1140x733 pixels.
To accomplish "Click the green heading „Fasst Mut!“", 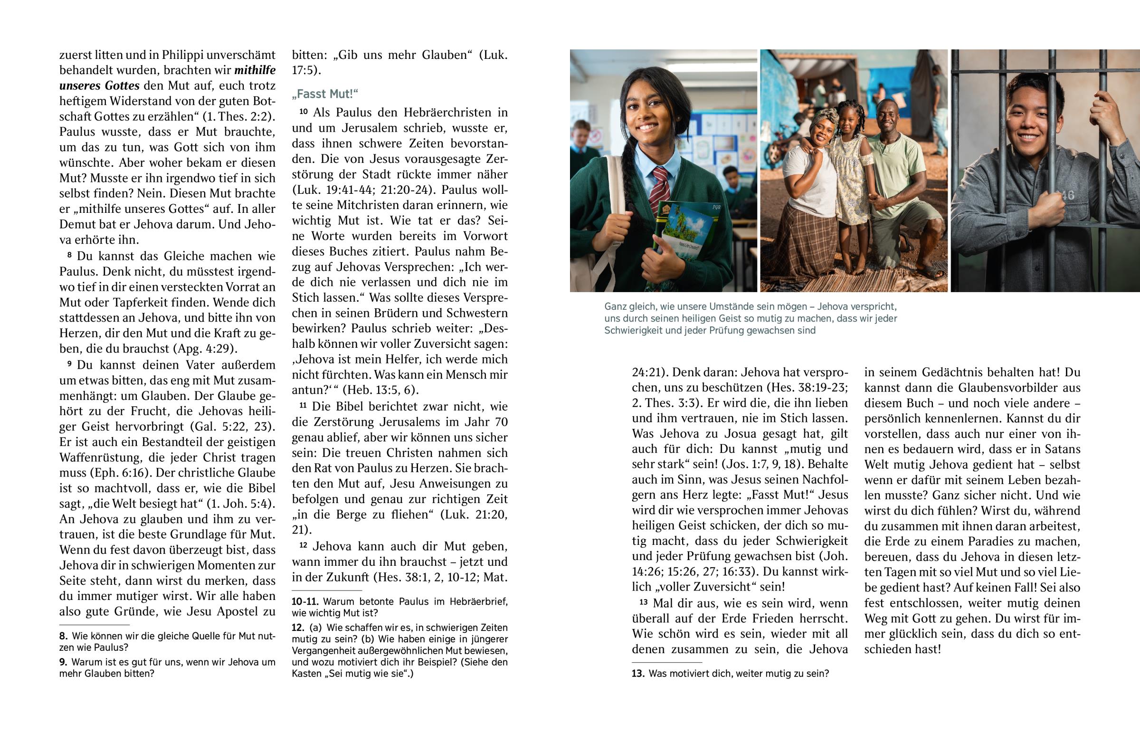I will click(x=324, y=94).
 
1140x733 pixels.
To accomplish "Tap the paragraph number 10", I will click(x=304, y=112).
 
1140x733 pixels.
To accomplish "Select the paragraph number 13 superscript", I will click(x=643, y=602).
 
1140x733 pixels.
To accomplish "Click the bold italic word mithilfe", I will click(x=255, y=70).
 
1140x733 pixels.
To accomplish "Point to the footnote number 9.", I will click(x=63, y=662).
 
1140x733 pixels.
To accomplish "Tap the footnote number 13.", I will click(x=637, y=674).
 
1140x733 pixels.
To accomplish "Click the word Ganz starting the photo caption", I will click(x=616, y=306).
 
